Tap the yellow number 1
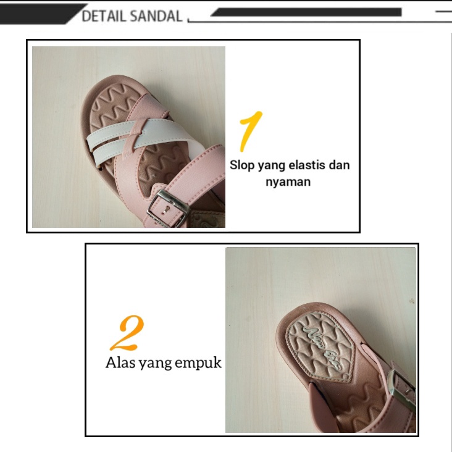click(x=250, y=130)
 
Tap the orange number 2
click(x=128, y=333)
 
